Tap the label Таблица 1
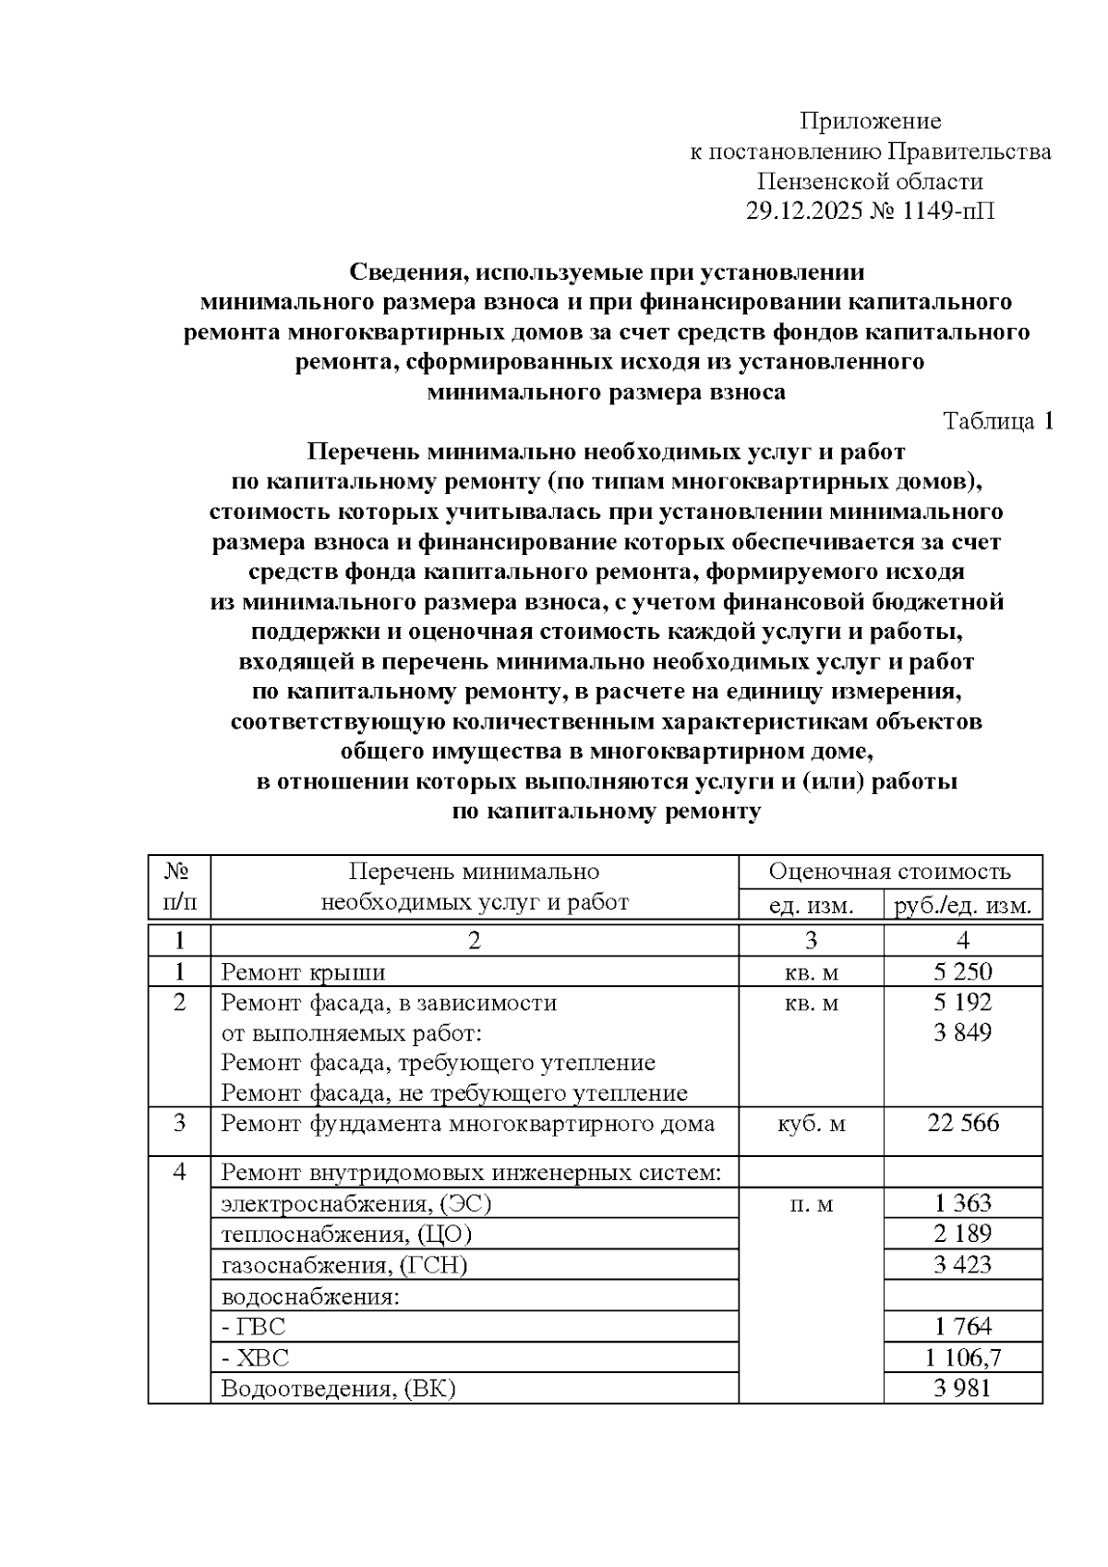point(997,422)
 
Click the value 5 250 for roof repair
point(962,971)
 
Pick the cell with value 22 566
point(962,1123)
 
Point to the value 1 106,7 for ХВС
point(962,1356)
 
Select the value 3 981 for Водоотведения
point(962,1387)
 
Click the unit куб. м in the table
point(811,1124)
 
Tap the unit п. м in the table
point(811,1204)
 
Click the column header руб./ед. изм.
point(962,904)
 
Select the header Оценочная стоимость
point(889,872)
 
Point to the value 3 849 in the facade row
point(962,1032)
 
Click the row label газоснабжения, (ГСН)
point(344,1265)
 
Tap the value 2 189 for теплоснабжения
point(962,1234)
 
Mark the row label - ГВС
point(254,1327)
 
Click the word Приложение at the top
point(870,121)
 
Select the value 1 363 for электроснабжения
point(962,1203)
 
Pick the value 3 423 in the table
point(962,1264)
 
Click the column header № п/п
point(179,886)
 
